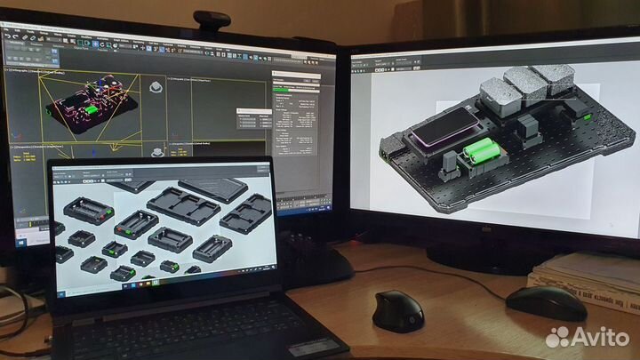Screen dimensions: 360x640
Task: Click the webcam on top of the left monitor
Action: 212,20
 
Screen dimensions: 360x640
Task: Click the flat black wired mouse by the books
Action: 545,303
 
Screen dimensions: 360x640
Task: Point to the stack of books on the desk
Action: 587,276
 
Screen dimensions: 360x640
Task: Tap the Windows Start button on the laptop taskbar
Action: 136,289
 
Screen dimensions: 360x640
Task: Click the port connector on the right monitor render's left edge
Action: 384,154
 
